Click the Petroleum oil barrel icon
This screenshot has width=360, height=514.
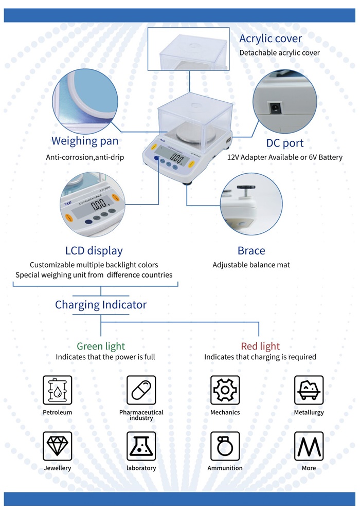[57, 389]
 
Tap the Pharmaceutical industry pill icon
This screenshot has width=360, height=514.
[141, 389]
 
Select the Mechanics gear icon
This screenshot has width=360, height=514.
[225, 389]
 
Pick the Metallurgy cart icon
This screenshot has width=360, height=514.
[309, 389]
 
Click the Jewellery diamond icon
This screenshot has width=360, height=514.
[57, 446]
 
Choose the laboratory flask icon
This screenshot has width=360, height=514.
[141, 446]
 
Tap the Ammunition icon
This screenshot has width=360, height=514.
[225, 446]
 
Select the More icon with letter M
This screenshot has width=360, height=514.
[309, 446]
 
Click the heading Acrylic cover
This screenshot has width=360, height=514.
[271, 39]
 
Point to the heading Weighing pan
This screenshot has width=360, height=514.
[85, 141]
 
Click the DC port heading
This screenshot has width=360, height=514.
[284, 143]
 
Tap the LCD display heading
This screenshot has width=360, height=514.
[94, 251]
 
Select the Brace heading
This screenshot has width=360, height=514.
[251, 251]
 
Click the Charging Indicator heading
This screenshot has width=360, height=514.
[101, 305]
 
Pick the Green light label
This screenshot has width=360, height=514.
[101, 346]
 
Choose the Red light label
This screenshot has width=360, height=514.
[260, 346]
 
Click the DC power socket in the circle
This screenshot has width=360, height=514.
[275, 108]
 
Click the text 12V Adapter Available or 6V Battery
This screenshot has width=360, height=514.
[284, 157]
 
